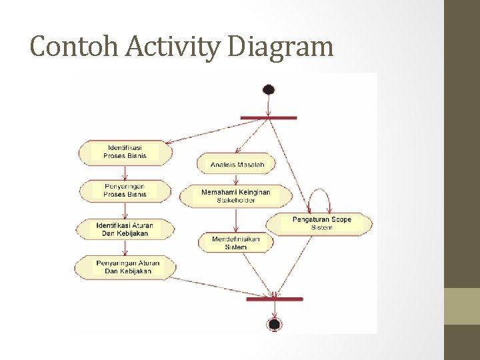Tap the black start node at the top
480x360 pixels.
pyautogui.click(x=269, y=89)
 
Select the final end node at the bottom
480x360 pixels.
pyautogui.click(x=274, y=324)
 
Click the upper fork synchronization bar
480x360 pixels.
pyautogui.click(x=268, y=118)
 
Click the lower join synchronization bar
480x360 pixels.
pyautogui.click(x=274, y=299)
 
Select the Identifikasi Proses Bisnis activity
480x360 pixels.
pyautogui.click(x=125, y=151)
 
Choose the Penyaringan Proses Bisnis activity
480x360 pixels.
pyautogui.click(x=125, y=190)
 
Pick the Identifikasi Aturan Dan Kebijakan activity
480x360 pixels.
pyautogui.click(x=125, y=229)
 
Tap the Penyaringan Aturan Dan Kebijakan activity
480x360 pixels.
pyautogui.click(x=125, y=267)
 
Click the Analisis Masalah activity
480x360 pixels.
pyautogui.click(x=237, y=164)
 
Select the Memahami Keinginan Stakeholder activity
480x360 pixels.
pyautogui.click(x=236, y=195)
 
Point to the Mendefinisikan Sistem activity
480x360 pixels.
pyautogui.click(x=235, y=243)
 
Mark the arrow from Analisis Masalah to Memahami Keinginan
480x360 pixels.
pyautogui.click(x=237, y=179)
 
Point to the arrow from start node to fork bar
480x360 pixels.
pyautogui.click(x=269, y=105)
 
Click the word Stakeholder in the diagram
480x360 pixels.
pyautogui.click(x=236, y=200)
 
